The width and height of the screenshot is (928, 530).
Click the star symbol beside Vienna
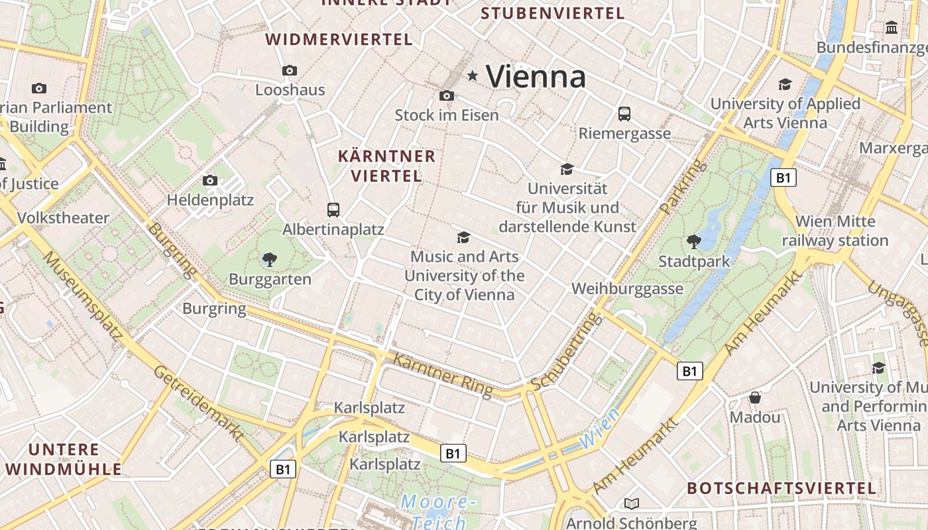tap(473, 76)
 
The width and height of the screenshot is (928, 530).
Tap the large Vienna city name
tap(536, 77)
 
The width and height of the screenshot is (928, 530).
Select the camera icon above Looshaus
tap(290, 70)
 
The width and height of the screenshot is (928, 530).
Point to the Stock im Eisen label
tap(446, 115)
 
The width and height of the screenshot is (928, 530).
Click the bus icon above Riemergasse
tap(624, 114)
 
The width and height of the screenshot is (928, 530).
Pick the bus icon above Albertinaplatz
tap(333, 210)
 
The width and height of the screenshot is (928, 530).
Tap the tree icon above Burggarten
tap(270, 260)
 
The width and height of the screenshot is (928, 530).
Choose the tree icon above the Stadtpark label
tap(694, 242)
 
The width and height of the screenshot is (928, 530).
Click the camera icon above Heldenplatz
tap(210, 180)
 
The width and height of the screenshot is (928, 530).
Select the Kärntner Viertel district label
tap(387, 166)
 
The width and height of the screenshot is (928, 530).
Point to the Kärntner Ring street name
tap(443, 376)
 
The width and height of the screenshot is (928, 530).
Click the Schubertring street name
tap(567, 352)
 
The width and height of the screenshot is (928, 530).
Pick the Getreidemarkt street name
tap(199, 402)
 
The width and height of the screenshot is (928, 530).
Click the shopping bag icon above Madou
tap(755, 397)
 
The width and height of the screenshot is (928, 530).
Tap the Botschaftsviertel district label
tap(782, 489)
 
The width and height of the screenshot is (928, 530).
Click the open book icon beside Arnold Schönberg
tap(632, 503)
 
